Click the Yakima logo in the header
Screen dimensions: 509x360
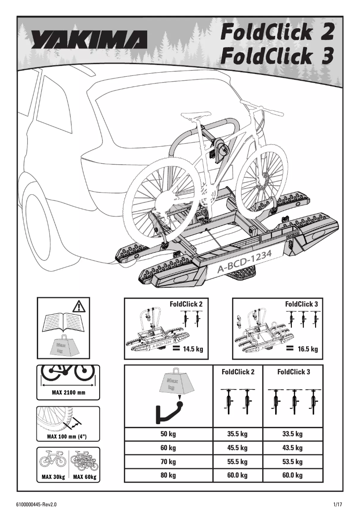(89, 40)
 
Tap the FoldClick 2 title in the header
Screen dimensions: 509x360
(277, 32)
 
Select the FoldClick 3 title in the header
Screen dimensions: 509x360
(277, 57)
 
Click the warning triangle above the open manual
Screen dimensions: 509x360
(79, 307)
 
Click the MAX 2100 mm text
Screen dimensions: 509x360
(68, 392)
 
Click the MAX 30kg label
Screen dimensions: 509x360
(53, 477)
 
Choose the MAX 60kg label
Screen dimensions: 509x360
(84, 477)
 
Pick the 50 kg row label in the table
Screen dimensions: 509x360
(168, 434)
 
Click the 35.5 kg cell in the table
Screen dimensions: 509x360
(237, 434)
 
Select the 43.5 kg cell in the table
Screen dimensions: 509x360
(292, 448)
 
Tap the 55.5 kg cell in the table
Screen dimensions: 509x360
(237, 461)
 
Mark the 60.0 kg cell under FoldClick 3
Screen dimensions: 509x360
(292, 475)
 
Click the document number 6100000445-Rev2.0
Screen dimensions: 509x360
(39, 504)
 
